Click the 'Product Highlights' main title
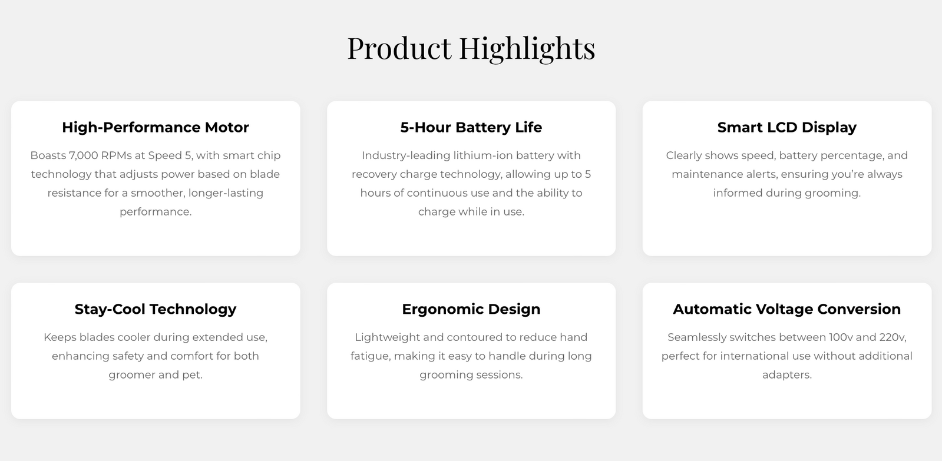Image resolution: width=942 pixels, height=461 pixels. (x=471, y=48)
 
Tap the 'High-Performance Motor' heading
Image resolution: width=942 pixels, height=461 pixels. (x=156, y=127)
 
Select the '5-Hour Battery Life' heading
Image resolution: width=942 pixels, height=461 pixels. (x=471, y=127)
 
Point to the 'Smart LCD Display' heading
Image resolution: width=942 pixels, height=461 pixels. (x=787, y=127)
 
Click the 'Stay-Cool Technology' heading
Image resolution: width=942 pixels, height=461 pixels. (x=156, y=309)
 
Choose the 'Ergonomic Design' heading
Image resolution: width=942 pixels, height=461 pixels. (x=471, y=309)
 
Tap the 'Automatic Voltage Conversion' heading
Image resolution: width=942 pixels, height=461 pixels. (x=787, y=309)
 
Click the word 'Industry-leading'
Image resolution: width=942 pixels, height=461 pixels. (x=406, y=156)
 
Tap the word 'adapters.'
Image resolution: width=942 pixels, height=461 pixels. (x=787, y=375)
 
